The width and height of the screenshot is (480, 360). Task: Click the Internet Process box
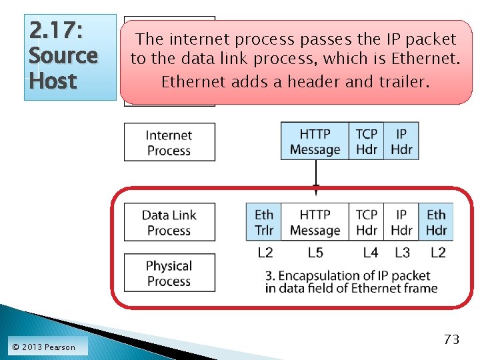[x=169, y=143]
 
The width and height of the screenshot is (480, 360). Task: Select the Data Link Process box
[x=169, y=223]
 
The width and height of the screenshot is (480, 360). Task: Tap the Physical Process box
[x=169, y=273]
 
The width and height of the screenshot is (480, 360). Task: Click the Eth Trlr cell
[x=264, y=223]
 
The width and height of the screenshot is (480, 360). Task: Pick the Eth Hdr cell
[x=436, y=223]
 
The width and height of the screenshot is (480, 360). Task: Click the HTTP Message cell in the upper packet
[x=315, y=141]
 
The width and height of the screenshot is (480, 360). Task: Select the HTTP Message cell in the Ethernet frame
[x=315, y=223]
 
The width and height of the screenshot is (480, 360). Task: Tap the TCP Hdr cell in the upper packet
[x=367, y=141]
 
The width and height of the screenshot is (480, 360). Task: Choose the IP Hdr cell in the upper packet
[x=401, y=141]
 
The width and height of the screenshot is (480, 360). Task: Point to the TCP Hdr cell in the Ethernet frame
[x=367, y=223]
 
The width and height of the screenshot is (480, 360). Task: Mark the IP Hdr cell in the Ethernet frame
[x=401, y=223]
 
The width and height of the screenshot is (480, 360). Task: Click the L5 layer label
[x=315, y=253]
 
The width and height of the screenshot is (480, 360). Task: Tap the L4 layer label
[x=371, y=253]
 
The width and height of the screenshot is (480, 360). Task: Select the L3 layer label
[x=402, y=253]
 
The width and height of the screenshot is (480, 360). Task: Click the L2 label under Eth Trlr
[x=265, y=253]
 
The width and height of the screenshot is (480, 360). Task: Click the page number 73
[x=451, y=339]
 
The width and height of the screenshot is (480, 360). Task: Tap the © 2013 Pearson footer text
[x=44, y=347]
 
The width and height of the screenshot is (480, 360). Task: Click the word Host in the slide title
[x=53, y=81]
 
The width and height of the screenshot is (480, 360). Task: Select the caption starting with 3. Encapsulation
[x=351, y=282]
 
